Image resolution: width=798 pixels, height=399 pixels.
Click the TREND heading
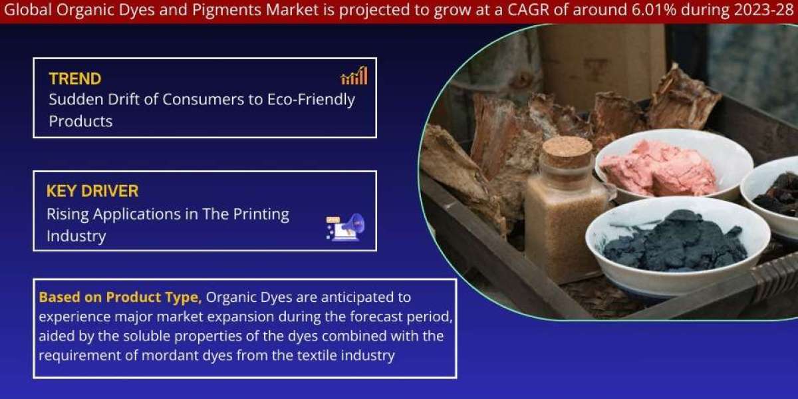[x=75, y=78]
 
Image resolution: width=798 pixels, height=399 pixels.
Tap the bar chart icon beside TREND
[x=354, y=75]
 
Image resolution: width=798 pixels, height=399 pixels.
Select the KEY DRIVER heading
[x=92, y=191]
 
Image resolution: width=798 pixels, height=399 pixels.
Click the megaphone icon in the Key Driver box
[x=345, y=227]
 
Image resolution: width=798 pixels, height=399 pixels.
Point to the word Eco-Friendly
[x=311, y=100]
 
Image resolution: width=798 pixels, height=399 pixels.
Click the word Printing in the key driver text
[x=261, y=214]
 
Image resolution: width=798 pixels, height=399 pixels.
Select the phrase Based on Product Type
[x=120, y=297]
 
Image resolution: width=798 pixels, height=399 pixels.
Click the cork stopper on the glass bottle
[x=567, y=153]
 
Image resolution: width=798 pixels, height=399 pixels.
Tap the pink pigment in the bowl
[x=658, y=168]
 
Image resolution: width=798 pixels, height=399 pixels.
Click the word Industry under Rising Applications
[x=76, y=237]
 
